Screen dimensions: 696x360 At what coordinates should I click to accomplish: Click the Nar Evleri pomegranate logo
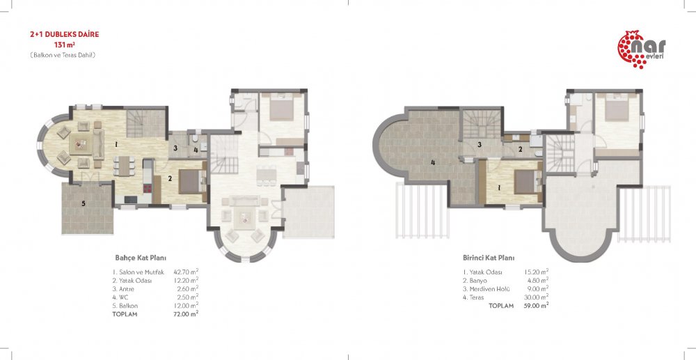(642, 49)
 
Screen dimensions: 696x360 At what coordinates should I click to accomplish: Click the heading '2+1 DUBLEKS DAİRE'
(64, 34)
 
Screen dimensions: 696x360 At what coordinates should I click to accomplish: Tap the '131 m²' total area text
(64, 45)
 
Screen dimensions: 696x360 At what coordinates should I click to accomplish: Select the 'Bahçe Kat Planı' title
(141, 258)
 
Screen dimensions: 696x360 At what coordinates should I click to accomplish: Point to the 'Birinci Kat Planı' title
(489, 258)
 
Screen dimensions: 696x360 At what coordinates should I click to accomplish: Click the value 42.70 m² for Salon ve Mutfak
(186, 272)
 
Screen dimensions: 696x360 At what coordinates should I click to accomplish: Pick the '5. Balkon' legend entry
(125, 306)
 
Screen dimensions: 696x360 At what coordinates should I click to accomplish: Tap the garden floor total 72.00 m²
(186, 314)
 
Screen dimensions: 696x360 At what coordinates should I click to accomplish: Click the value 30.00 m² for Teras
(536, 297)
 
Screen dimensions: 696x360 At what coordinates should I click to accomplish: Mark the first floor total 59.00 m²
(536, 306)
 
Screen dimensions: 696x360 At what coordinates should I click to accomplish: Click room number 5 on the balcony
(83, 204)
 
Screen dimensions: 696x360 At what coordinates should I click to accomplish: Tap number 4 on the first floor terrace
(433, 162)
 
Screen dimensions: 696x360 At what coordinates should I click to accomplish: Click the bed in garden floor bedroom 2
(191, 181)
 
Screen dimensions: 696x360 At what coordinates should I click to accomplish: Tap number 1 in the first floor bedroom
(499, 188)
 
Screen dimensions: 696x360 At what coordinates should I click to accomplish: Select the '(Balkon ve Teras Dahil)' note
(63, 55)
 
